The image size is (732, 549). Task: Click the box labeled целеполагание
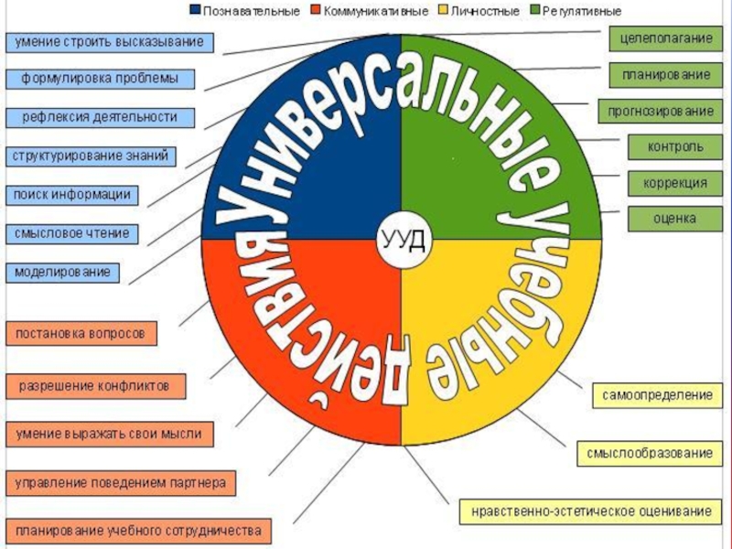[662, 38]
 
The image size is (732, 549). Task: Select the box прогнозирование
[656, 111]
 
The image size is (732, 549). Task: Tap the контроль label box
[674, 146]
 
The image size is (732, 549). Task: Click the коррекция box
[674, 183]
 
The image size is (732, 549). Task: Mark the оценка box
[674, 219]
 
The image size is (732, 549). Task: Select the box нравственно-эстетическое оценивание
[590, 510]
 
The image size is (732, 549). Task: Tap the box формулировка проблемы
[101, 79]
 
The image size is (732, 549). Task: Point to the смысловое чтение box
[71, 234]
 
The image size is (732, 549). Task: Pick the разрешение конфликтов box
[95, 386]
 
